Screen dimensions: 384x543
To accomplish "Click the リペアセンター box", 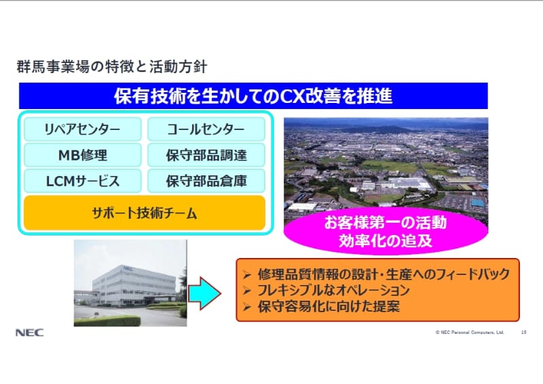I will [x=82, y=129].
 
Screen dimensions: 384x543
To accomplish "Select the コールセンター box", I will [x=206, y=129].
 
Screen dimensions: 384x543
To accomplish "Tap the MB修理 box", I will [x=82, y=155].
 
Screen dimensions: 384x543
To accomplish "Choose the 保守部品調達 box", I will [x=206, y=155].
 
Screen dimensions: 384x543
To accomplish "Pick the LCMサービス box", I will [x=82, y=181].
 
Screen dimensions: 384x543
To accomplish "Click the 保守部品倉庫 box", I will [x=206, y=181].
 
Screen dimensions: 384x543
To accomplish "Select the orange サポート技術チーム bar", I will [x=144, y=213].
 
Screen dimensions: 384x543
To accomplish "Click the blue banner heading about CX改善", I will [x=252, y=95].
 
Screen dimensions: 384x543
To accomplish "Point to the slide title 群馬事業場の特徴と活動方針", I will [x=111, y=67].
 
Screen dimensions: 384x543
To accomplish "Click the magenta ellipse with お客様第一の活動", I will [x=385, y=230].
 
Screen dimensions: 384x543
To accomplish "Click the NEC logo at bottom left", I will [x=29, y=333].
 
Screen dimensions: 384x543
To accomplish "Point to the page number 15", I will [x=523, y=333].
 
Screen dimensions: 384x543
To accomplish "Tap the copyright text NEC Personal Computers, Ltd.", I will [x=471, y=333].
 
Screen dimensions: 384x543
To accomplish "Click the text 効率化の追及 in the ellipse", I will [x=385, y=239].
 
